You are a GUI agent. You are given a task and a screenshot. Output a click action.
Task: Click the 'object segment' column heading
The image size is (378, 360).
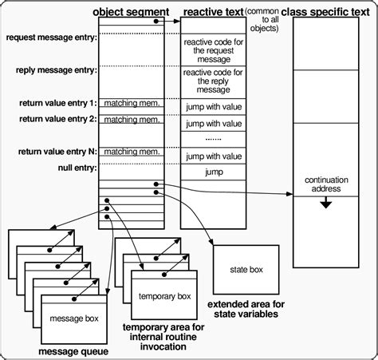130,11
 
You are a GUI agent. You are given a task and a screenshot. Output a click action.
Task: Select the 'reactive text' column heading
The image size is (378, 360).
212,11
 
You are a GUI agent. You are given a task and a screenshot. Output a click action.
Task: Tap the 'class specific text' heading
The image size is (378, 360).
332,11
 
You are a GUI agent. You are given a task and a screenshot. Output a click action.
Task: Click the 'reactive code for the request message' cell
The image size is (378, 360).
212,52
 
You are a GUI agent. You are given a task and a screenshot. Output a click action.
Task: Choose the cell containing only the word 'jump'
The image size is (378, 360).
212,172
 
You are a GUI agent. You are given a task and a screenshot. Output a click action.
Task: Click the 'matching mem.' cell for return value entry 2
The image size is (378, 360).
130,120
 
